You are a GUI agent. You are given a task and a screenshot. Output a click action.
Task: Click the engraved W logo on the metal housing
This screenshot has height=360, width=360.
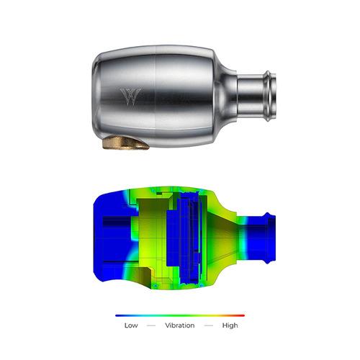(x=131, y=96)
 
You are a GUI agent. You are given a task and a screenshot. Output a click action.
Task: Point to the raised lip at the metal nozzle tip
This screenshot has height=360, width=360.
(x=271, y=96)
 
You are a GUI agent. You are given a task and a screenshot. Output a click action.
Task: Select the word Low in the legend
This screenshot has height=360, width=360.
(x=131, y=325)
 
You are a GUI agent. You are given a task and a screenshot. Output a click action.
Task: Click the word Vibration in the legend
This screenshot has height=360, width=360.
(x=180, y=325)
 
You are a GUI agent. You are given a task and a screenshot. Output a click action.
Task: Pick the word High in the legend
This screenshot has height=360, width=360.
(x=230, y=325)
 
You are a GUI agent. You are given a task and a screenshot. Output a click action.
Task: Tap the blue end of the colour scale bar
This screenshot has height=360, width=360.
(x=119, y=315)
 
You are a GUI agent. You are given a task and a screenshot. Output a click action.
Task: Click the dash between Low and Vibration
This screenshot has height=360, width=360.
(x=151, y=325)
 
